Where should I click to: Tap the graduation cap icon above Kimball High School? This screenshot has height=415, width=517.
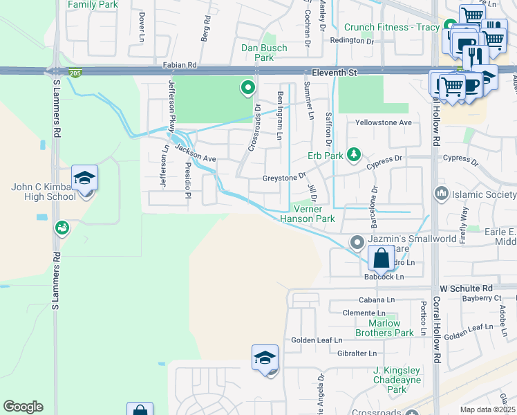tap(85, 178)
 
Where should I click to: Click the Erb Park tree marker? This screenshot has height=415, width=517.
tap(353, 154)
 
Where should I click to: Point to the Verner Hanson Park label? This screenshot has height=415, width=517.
tap(308, 214)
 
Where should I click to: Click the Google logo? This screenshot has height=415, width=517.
tap(23, 407)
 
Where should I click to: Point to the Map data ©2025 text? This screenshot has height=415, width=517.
tap(488, 409)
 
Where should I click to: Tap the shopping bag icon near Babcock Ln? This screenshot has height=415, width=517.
tap(381, 259)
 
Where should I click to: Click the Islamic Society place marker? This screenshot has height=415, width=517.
tap(439, 194)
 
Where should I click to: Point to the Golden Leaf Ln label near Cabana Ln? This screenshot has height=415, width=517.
tap(316, 340)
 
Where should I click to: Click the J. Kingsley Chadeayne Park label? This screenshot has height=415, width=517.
tap(397, 380)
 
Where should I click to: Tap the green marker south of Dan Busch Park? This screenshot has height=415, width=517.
tap(247, 88)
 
